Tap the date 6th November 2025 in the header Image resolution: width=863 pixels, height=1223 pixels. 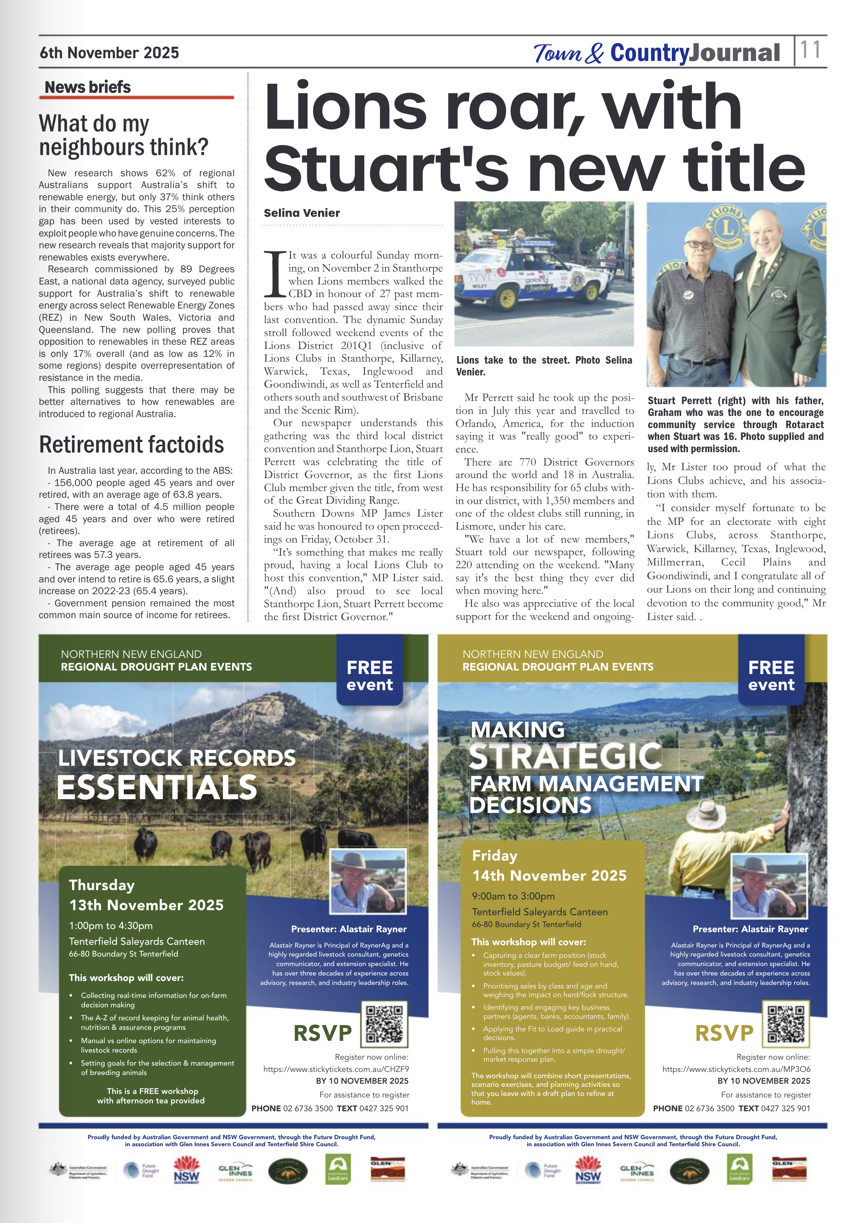click(109, 53)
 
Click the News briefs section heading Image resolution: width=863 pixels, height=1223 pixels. click(88, 87)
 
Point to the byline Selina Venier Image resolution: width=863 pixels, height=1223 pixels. click(302, 213)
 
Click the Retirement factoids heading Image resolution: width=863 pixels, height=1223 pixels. click(131, 445)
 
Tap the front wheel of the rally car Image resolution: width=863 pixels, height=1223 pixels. click(507, 298)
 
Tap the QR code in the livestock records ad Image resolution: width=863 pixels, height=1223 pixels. click(384, 1024)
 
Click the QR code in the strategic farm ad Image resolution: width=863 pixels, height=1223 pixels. click(786, 1024)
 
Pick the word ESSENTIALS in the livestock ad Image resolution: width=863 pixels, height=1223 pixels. click(157, 787)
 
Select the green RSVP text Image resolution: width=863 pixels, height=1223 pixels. click(323, 1033)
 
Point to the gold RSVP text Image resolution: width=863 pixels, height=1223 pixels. click(724, 1033)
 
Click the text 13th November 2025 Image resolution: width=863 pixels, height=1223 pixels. click(146, 905)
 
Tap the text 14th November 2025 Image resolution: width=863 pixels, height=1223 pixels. click(550, 875)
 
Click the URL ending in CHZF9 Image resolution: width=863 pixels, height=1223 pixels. click(336, 1069)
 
